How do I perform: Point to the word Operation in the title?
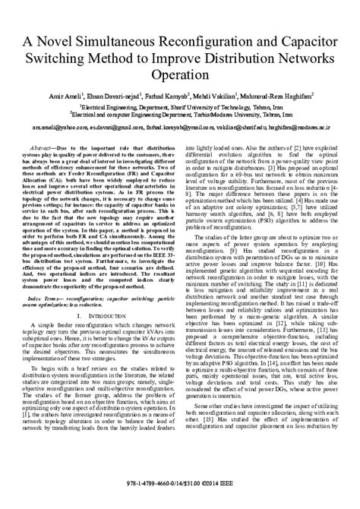[180, 77]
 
